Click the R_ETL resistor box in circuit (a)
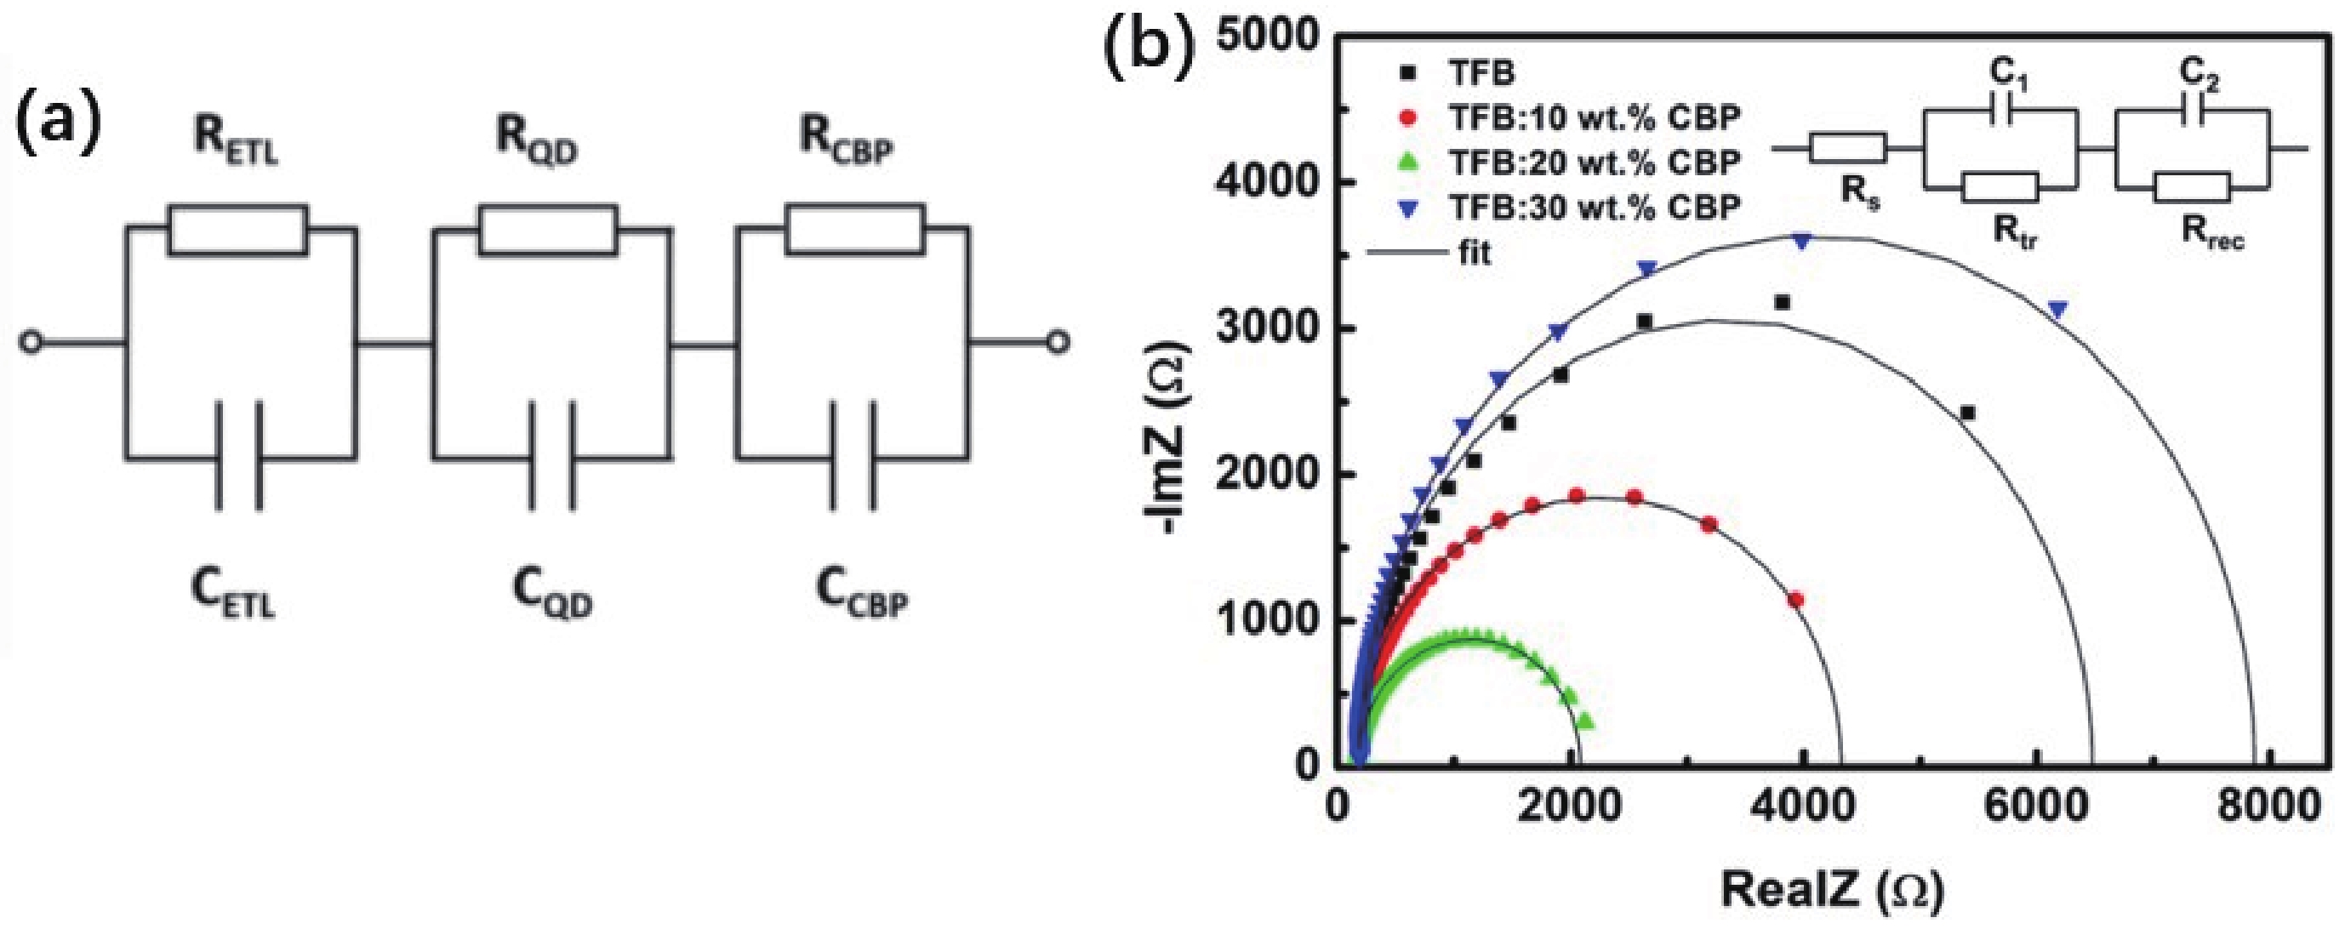237,230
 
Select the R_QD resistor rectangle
548,230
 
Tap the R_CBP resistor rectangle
856,230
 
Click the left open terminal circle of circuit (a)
31,343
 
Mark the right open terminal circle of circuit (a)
1057,343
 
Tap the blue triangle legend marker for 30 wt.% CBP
1409,208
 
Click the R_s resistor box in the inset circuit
1847,148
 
